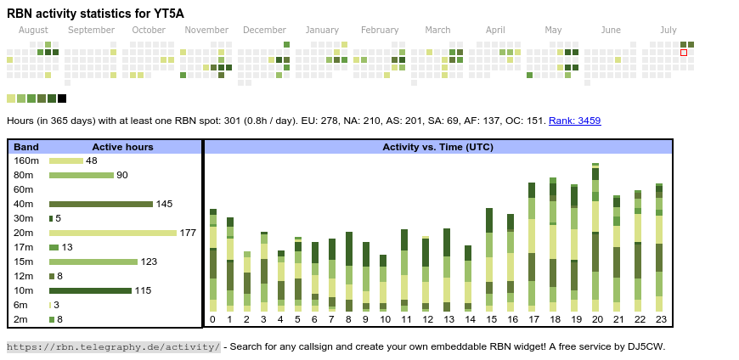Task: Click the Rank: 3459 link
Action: coord(574,121)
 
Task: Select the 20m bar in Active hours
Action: coord(113,233)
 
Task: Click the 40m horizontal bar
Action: coord(101,204)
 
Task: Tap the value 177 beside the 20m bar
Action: coord(188,233)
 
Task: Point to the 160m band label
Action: coord(26,160)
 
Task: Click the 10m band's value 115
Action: coord(143,290)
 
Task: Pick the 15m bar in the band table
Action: coord(93,262)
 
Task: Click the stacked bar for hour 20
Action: coord(595,238)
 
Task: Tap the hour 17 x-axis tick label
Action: coord(533,320)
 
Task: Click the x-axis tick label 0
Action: coord(212,320)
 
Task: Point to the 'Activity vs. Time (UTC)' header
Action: coord(437,147)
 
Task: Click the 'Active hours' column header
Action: coord(122,147)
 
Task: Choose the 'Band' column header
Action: coord(26,147)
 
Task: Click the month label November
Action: coord(206,30)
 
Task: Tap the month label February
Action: coord(380,30)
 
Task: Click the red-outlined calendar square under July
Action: coord(684,53)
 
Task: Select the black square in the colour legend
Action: coord(62,98)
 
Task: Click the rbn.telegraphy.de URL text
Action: coord(113,346)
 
